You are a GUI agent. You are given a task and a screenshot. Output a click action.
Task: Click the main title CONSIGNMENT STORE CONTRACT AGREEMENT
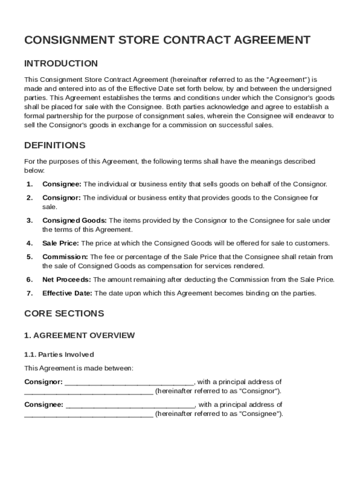(167, 40)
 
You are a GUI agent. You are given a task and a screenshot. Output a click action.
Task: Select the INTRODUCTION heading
(61, 64)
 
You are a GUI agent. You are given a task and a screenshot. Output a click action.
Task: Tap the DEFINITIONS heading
(55, 145)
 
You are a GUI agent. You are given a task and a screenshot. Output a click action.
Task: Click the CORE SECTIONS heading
(64, 314)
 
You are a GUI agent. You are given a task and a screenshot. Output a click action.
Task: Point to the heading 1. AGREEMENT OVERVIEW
(79, 335)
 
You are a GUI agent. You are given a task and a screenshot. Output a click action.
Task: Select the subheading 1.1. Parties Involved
(59, 354)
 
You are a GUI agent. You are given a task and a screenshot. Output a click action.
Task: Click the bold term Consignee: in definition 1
(62, 184)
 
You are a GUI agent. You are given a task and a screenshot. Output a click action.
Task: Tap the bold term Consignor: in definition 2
(62, 198)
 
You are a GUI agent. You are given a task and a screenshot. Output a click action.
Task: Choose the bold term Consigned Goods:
(75, 221)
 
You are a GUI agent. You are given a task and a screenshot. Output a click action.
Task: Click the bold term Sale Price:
(61, 243)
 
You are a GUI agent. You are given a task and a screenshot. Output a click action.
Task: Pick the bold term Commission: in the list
(65, 257)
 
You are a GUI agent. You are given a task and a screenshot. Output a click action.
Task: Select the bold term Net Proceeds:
(67, 280)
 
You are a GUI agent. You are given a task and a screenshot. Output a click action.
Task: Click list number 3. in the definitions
(29, 221)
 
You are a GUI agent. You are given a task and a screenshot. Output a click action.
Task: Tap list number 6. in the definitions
(29, 280)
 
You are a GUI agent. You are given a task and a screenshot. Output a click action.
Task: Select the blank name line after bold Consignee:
(130, 406)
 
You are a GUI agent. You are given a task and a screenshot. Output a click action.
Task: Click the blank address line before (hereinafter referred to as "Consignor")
(88, 392)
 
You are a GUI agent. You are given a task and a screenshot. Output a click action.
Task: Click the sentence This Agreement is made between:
(79, 368)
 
